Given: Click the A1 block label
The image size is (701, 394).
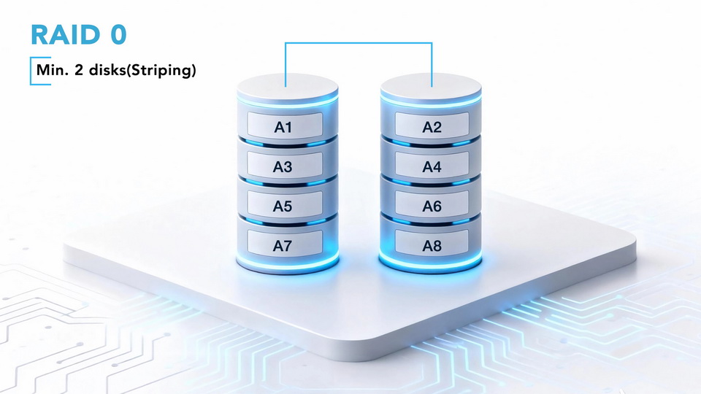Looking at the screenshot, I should [x=283, y=127].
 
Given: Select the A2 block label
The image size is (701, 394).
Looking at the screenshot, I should [x=432, y=127].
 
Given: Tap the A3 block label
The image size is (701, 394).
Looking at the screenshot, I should [x=283, y=166].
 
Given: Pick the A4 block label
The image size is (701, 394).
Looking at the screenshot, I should [x=432, y=166].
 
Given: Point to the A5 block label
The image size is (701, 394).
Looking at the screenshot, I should [x=283, y=206].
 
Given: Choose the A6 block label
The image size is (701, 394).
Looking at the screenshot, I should [x=432, y=206].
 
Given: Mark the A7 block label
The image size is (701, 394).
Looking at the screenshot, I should [x=283, y=246].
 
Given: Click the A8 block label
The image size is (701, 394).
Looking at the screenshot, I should [x=432, y=246].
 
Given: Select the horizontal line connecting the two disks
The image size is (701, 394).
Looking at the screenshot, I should [x=358, y=43].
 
